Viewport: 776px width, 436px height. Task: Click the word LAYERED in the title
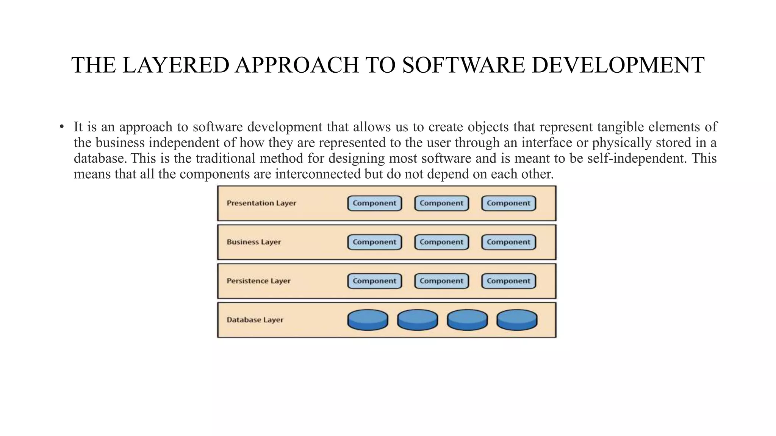coord(175,65)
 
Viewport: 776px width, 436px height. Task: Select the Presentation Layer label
coord(261,203)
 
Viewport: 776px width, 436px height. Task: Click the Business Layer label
coord(253,242)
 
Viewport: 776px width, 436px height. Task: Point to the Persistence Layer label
coord(258,281)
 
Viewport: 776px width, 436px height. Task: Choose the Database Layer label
coord(255,320)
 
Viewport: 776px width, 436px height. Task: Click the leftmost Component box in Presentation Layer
coord(374,203)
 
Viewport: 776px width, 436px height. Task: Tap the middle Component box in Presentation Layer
coord(441,203)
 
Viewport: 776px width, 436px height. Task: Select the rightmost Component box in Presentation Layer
coord(508,203)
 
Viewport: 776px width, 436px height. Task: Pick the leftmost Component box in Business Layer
coord(374,242)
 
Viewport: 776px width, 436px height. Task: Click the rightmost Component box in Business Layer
coord(508,242)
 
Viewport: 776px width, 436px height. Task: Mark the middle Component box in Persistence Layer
coord(441,281)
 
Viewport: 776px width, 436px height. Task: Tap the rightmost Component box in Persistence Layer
coord(508,281)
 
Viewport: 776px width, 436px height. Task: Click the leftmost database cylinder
coord(368,320)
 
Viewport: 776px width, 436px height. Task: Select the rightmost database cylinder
coord(517,320)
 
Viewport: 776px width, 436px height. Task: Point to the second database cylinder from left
coord(418,320)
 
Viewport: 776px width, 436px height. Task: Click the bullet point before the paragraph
coord(61,127)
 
